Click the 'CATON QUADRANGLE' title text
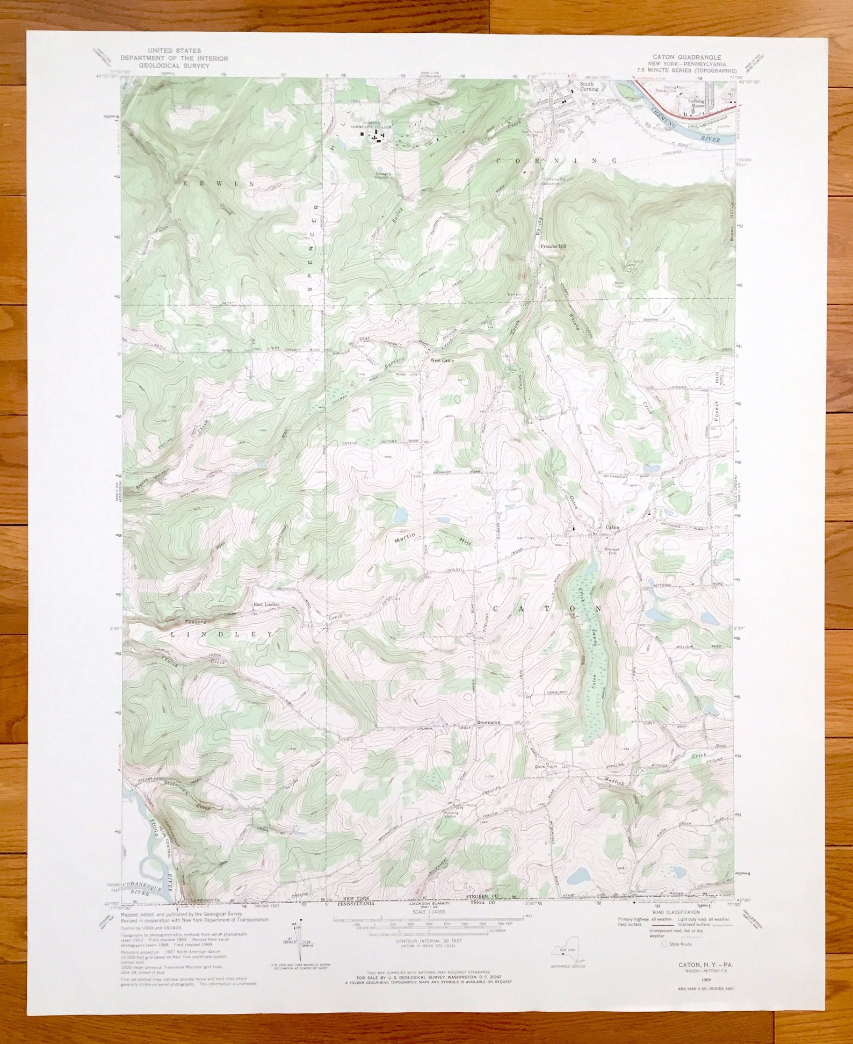(x=686, y=57)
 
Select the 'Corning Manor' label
(x=697, y=104)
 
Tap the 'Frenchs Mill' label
(x=553, y=246)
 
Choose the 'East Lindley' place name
(x=266, y=604)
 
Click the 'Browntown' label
(x=488, y=723)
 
